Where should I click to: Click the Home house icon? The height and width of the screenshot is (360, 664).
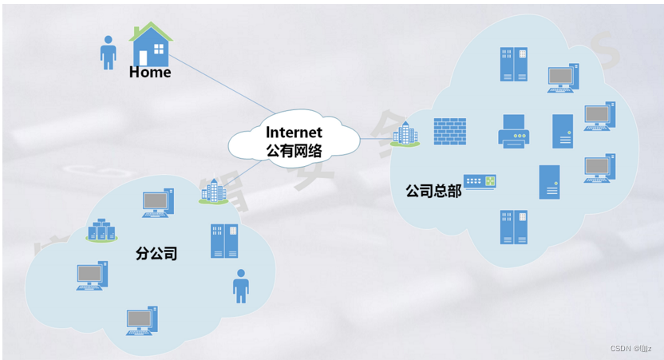coord(152,45)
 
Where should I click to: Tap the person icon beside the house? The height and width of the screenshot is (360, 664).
coord(108,52)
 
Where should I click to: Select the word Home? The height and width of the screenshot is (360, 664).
coord(150,73)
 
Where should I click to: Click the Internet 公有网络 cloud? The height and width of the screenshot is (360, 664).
coord(294,140)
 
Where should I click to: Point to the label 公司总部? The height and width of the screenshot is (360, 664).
coord(433,192)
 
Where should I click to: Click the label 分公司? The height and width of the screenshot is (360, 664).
coord(156,254)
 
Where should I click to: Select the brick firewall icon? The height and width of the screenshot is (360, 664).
coord(450,132)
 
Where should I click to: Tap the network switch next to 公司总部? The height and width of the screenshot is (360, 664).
coord(480,182)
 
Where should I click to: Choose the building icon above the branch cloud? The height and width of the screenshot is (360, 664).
coord(213,190)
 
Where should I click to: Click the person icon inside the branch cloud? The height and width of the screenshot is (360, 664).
coord(240,285)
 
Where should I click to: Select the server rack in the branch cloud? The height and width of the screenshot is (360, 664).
coord(224,240)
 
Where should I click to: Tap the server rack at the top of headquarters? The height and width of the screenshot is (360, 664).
coord(514,65)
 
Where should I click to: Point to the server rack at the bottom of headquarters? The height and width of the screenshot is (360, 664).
coord(514,227)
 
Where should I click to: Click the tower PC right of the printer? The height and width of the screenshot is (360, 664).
coord(563,131)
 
